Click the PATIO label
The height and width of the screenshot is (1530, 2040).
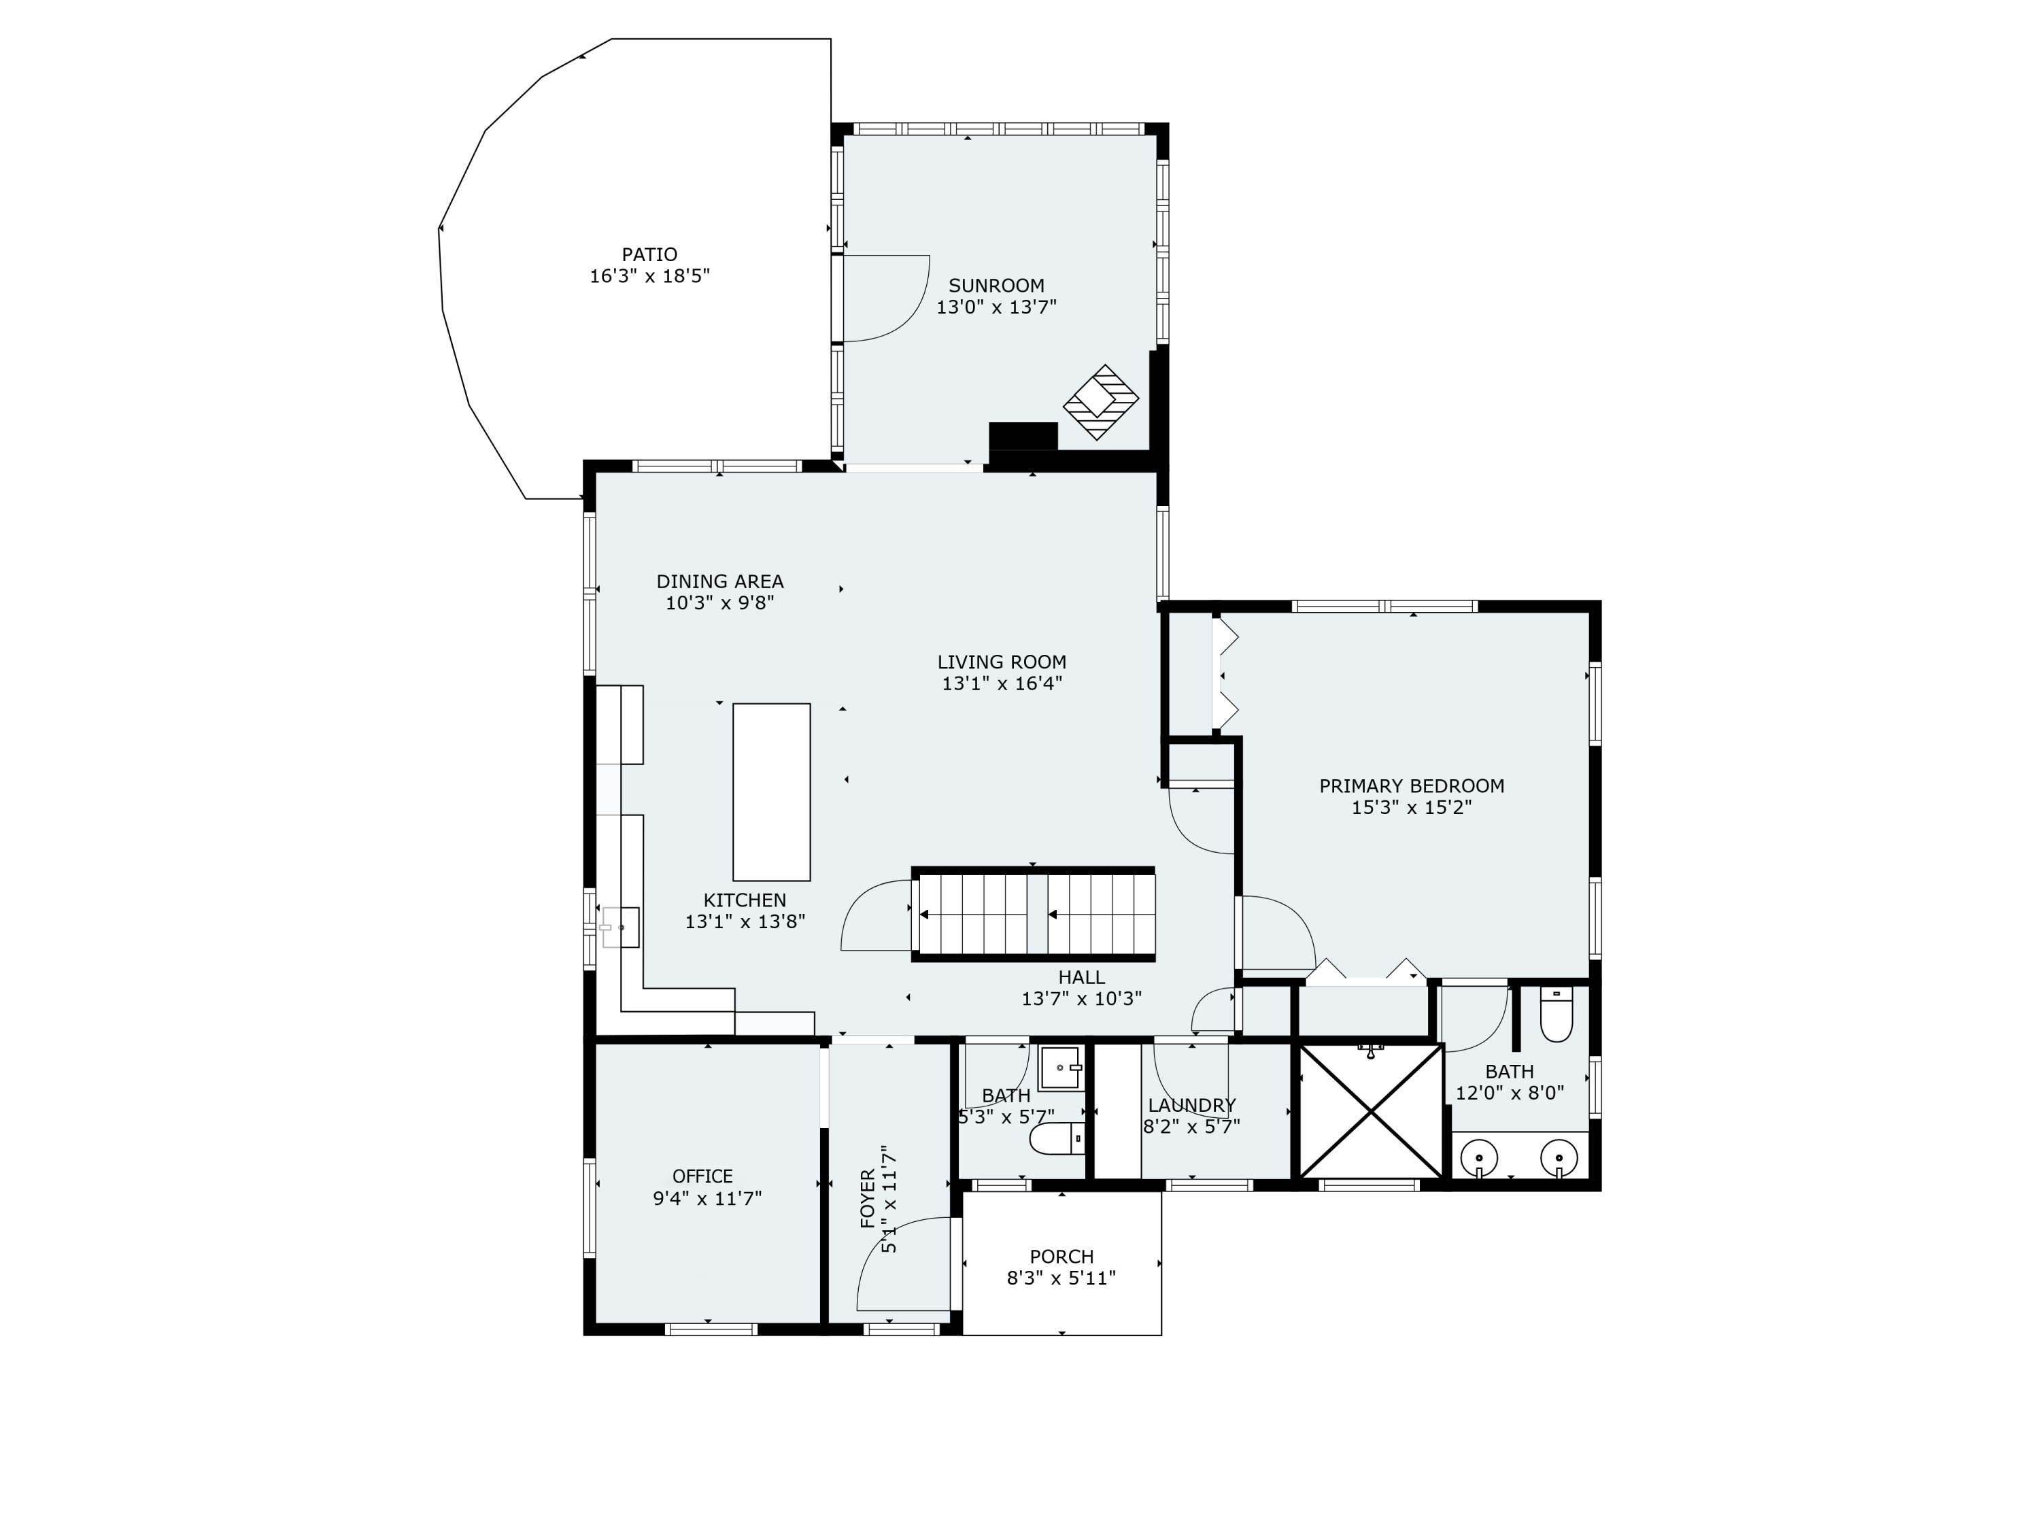tap(649, 254)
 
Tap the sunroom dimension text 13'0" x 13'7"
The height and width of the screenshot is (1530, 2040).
tap(996, 307)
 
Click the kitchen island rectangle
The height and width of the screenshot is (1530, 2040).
tap(771, 792)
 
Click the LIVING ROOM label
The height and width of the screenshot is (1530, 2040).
tap(1002, 662)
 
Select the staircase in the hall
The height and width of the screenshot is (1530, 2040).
tap(1033, 914)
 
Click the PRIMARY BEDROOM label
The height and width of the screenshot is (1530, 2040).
tap(1411, 786)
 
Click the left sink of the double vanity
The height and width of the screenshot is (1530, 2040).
tap(1479, 1157)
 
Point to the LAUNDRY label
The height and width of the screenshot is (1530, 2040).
tap(1191, 1105)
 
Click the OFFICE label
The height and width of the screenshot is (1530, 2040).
tap(702, 1177)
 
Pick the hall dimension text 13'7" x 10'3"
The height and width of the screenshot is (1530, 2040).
tap(1081, 999)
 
